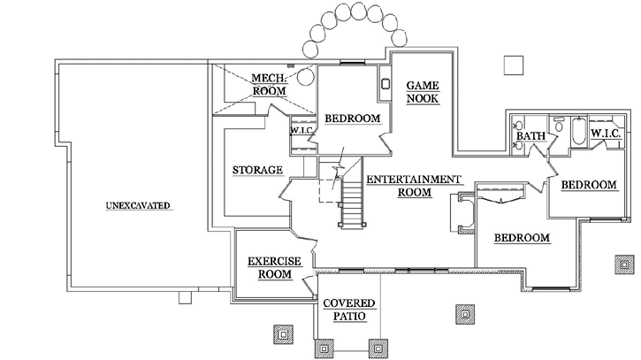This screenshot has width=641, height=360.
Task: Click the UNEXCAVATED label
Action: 137,205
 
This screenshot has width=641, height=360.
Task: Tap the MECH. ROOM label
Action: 267,84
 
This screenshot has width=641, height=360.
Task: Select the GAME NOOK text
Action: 423,92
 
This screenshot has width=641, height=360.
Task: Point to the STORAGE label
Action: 257,170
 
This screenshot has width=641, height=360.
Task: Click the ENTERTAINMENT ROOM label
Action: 413,185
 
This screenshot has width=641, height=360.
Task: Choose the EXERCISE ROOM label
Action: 274,267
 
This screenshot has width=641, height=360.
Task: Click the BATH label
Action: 530,135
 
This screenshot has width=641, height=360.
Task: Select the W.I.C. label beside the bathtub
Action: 607,134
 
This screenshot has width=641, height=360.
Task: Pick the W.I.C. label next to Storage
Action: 299,132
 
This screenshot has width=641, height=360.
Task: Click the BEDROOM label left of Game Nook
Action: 352,119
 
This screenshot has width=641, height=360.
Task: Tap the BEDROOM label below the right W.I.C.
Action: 588,184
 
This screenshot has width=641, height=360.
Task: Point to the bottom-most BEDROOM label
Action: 522,238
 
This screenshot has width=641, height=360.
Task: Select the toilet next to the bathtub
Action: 559,126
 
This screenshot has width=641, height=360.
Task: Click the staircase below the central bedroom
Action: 351,203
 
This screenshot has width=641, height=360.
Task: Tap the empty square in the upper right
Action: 511,64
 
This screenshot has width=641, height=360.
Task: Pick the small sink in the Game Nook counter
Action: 385,86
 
